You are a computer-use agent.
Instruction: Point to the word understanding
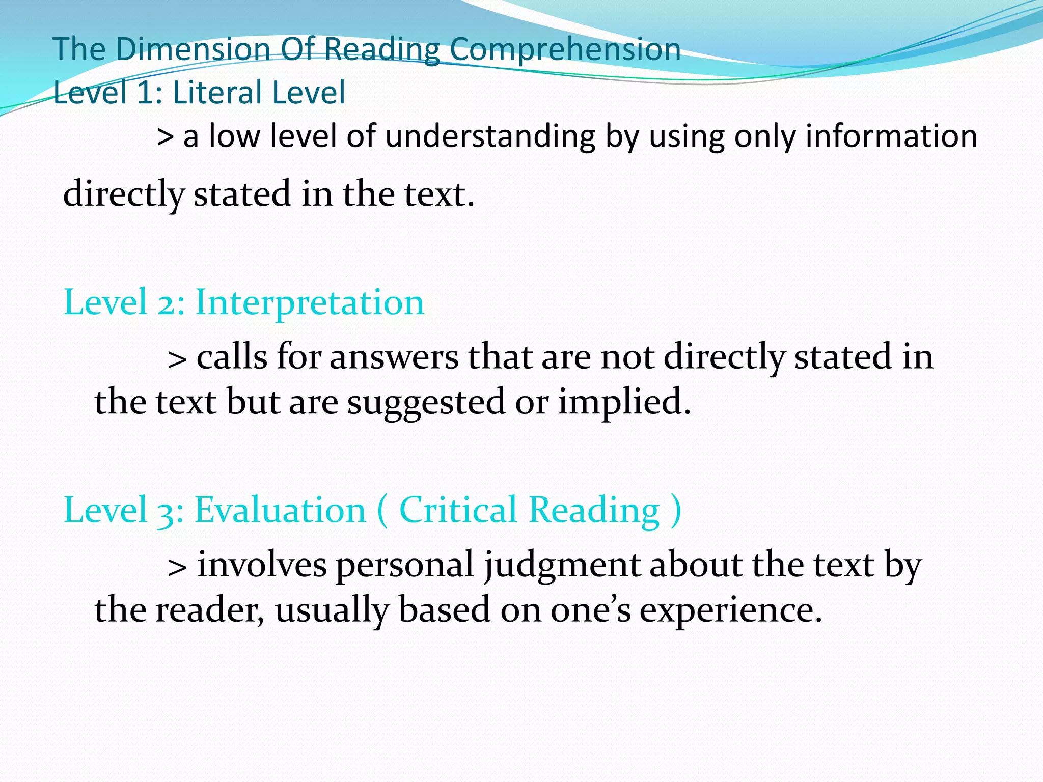(490, 137)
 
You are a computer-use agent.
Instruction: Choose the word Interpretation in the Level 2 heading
(310, 302)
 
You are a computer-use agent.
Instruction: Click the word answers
(394, 357)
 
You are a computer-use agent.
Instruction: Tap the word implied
(624, 402)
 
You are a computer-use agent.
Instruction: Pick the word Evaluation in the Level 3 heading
(280, 510)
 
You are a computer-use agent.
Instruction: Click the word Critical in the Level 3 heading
(458, 510)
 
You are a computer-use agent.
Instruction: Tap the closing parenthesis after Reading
(676, 511)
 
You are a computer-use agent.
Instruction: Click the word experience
(730, 610)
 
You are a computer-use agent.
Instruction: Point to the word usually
(332, 610)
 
